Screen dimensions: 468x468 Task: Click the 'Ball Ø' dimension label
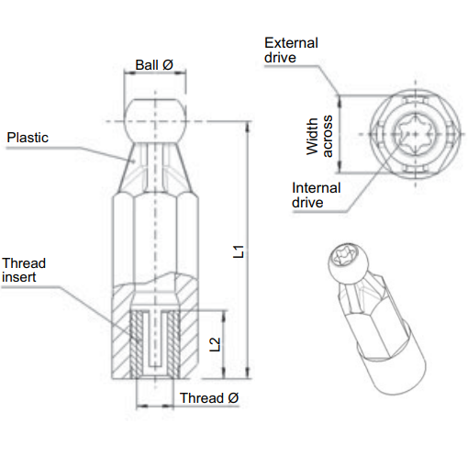tap(154, 64)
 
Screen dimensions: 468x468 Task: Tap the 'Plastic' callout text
tap(28, 138)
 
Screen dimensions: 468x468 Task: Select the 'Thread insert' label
tap(24, 270)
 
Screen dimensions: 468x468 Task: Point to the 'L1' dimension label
tap(239, 251)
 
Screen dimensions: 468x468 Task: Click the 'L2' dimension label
tap(215, 345)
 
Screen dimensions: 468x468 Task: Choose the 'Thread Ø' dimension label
tap(208, 398)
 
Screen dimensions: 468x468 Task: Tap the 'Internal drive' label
tap(316, 195)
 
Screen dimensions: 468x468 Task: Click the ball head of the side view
tap(154, 115)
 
